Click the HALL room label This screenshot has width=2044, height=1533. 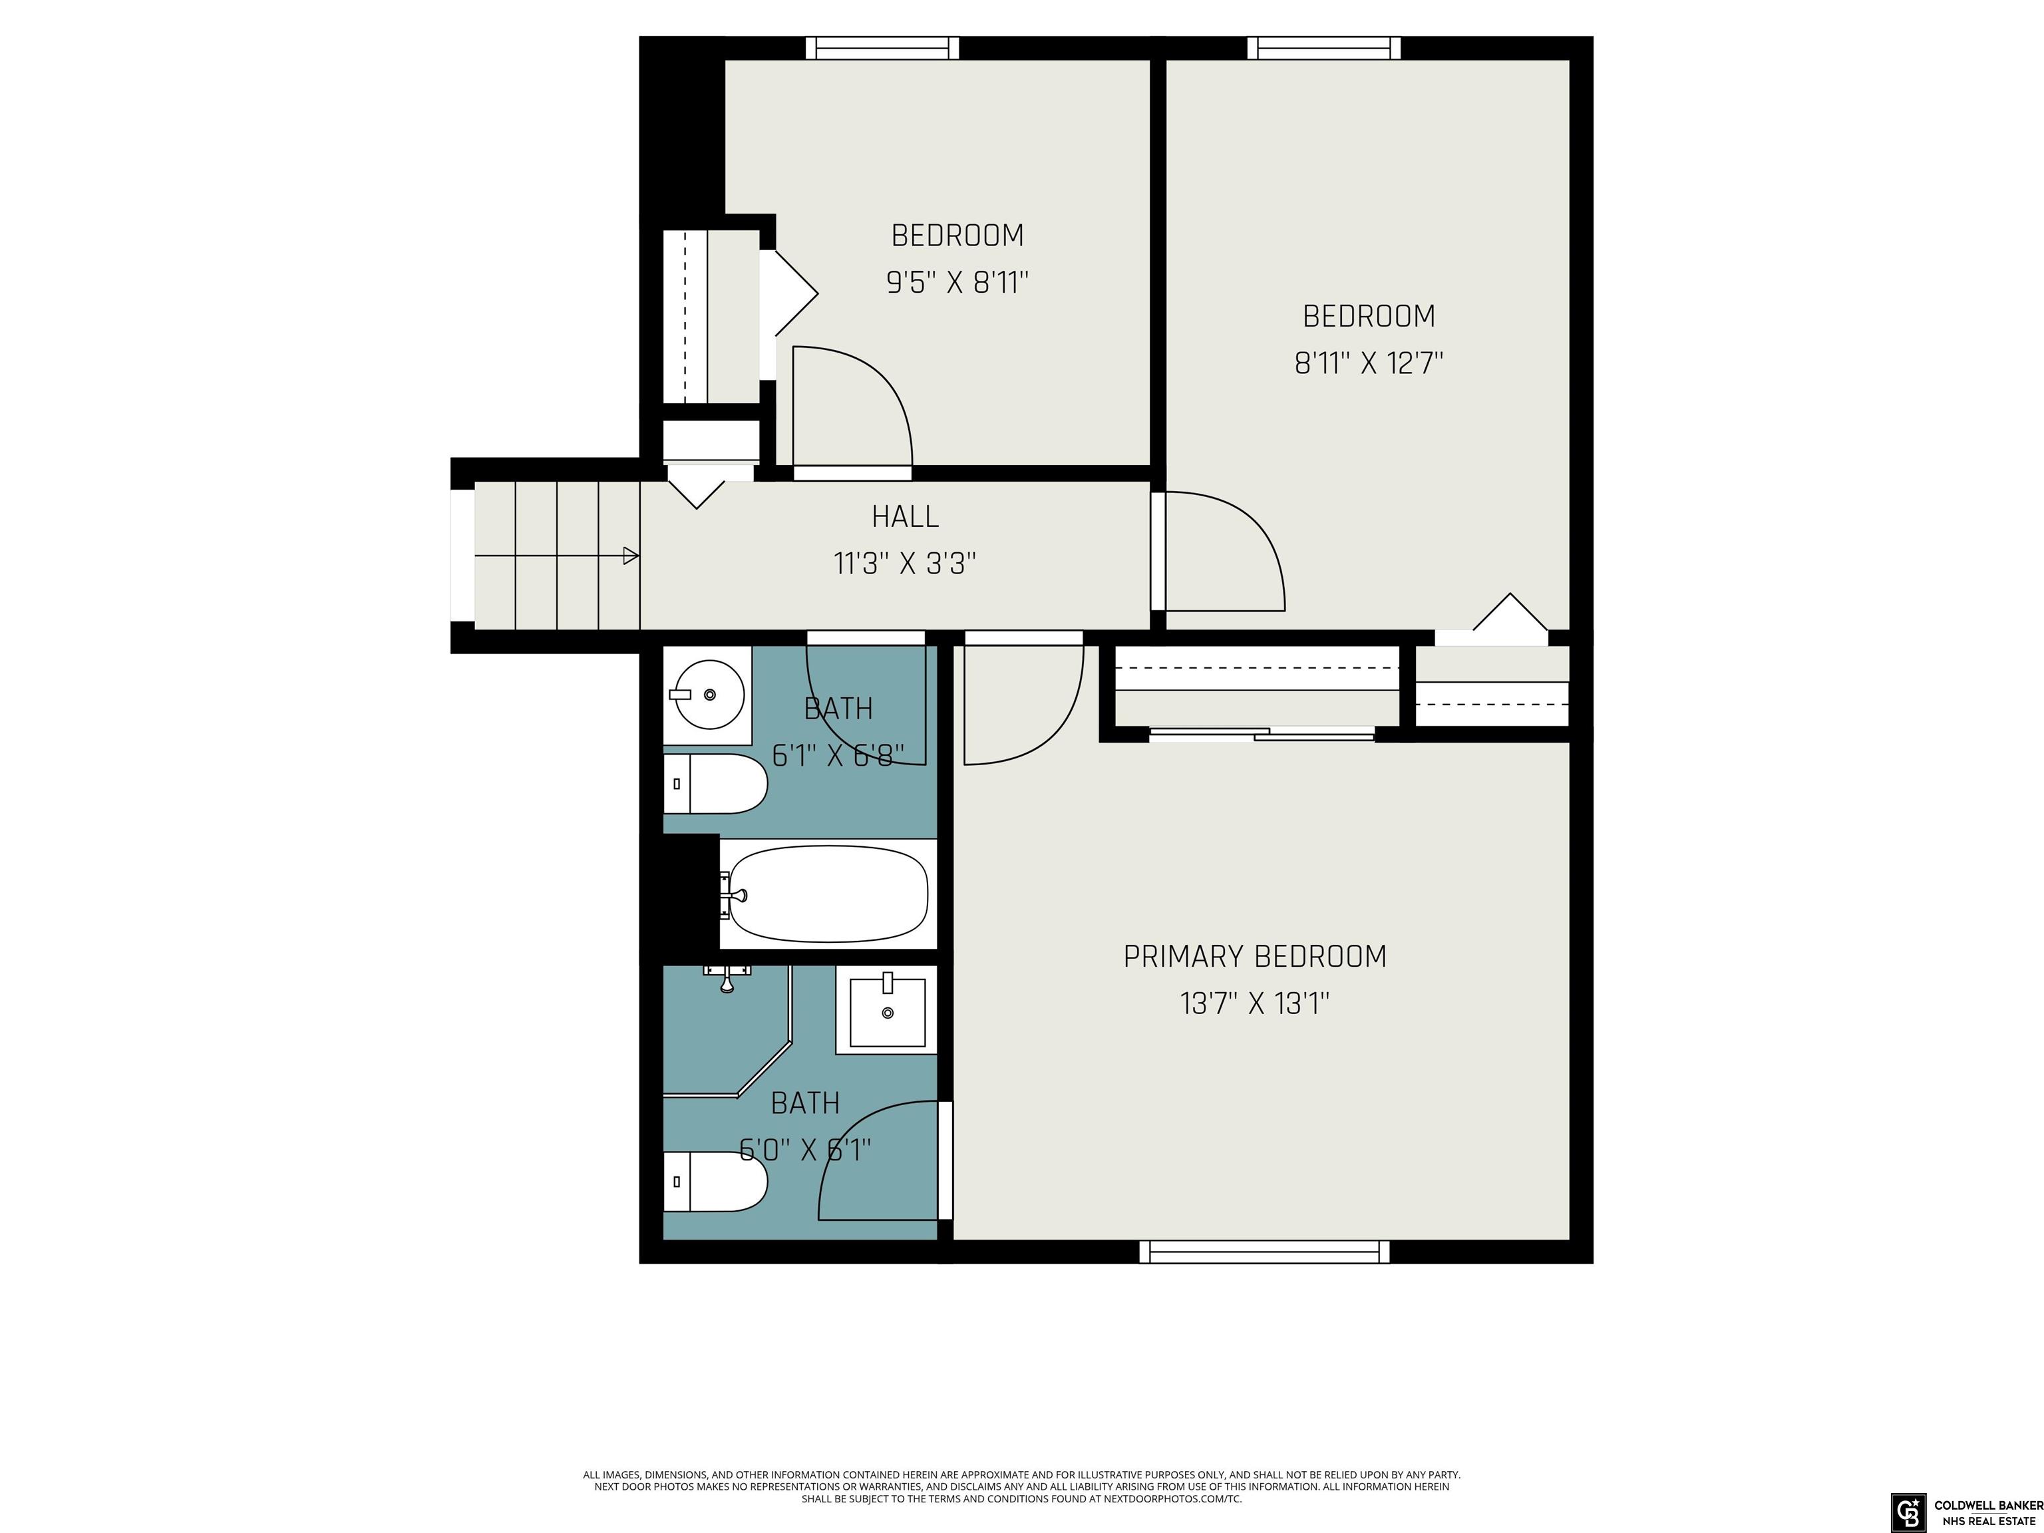pyautogui.click(x=905, y=516)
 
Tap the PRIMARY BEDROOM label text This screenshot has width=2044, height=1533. pyautogui.click(x=1255, y=956)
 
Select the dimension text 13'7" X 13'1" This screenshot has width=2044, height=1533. pyautogui.click(x=1255, y=1003)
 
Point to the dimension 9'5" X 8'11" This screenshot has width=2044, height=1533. pyautogui.click(x=957, y=282)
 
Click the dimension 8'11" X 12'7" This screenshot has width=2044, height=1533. pyautogui.click(x=1369, y=363)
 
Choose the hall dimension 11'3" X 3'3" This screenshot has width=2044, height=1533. pyautogui.click(x=905, y=564)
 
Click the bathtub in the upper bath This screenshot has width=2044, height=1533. pyautogui.click(x=828, y=894)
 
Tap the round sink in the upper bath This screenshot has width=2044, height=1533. pyautogui.click(x=708, y=695)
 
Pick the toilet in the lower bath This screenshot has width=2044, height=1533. pyautogui.click(x=715, y=1181)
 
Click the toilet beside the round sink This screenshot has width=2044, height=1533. pyautogui.click(x=715, y=784)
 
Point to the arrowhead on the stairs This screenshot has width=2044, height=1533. pyautogui.click(x=631, y=556)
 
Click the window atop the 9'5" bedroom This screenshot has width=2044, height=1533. pyautogui.click(x=882, y=48)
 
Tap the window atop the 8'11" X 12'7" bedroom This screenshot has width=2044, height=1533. pyautogui.click(x=1324, y=48)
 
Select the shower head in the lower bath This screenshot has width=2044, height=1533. pyautogui.click(x=727, y=977)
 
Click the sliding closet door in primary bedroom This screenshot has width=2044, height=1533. pyautogui.click(x=1262, y=735)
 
